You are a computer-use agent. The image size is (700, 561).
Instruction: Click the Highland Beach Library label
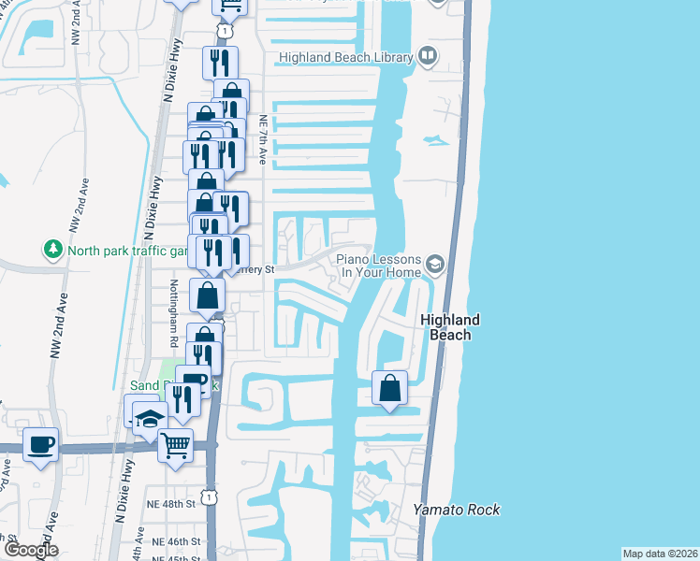344,58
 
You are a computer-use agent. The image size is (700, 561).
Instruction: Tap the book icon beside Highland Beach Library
428,57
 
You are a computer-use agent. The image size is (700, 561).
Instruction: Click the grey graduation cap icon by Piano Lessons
434,266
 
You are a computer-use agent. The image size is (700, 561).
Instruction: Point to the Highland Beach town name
450,326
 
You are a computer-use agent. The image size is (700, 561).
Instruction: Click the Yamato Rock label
457,510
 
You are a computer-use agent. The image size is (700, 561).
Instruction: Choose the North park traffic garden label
122,250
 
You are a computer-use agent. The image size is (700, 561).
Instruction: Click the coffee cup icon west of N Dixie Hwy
39,443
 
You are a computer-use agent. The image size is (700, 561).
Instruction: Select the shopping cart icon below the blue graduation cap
175,445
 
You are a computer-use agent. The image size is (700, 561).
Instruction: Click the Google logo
31,549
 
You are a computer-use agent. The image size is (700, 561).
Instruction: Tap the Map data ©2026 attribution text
660,554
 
